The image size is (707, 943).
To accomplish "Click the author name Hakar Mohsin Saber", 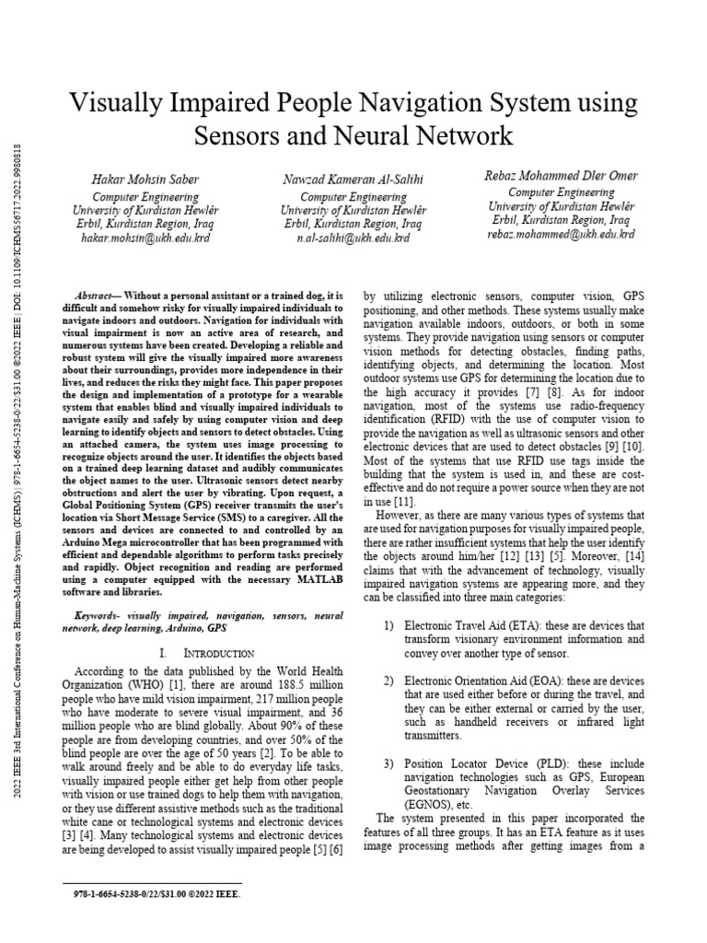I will [146, 178].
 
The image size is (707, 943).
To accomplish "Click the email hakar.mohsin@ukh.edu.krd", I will [146, 237].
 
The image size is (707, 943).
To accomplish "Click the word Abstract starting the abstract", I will [95, 287].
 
